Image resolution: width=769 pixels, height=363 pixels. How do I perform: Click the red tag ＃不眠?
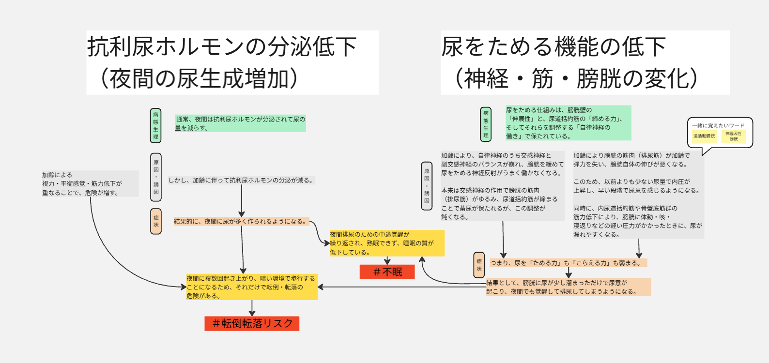point(387,272)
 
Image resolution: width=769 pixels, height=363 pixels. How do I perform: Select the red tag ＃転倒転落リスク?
point(252,323)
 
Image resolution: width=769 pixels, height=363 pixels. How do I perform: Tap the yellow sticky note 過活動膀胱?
point(704,136)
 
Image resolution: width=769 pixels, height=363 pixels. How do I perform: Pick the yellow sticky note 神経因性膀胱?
point(733,136)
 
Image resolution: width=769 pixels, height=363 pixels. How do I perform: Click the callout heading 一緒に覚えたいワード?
point(718,125)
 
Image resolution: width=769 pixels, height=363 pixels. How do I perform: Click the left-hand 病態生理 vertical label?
point(155,125)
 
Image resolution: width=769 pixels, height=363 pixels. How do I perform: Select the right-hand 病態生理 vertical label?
point(486,124)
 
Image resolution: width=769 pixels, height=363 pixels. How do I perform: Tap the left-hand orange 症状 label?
point(156,221)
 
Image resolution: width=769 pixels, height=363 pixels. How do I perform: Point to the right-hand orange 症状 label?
point(479,265)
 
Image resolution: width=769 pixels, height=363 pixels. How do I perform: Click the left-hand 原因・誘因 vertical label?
point(156,177)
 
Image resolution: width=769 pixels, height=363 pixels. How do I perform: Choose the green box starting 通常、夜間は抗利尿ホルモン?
point(240,123)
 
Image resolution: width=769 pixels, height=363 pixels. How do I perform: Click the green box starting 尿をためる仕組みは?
point(568,123)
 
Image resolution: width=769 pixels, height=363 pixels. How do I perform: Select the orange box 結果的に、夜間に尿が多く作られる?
point(241,221)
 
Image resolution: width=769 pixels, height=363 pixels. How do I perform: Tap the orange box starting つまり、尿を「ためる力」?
point(568,263)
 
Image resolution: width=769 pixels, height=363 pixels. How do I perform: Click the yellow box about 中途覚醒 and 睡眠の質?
point(386,243)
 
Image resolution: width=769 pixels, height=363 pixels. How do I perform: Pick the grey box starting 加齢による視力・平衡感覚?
point(90,183)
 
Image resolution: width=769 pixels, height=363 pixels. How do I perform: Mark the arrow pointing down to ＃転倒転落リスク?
point(252,308)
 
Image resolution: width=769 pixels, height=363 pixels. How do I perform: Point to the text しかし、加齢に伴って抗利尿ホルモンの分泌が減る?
point(241,180)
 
